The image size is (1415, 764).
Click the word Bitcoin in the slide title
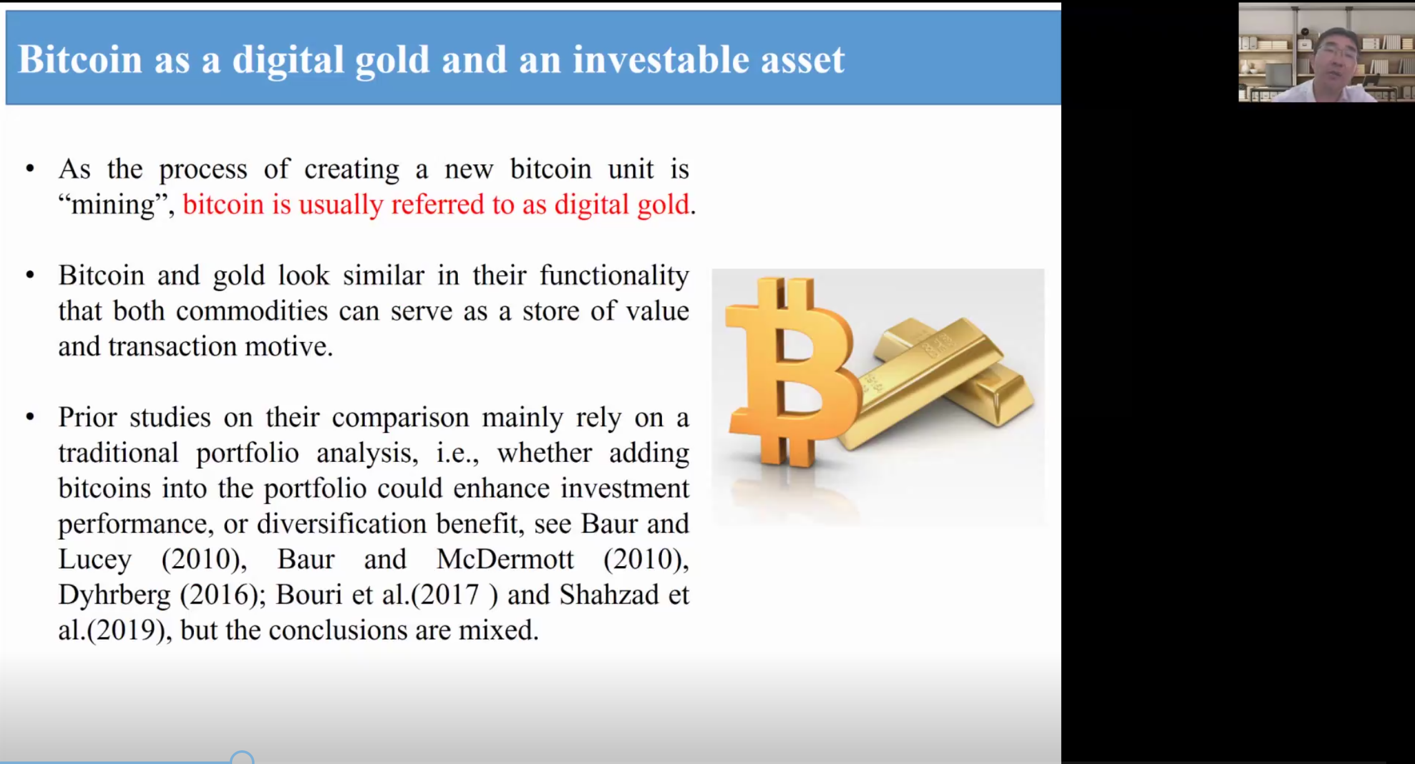point(80,59)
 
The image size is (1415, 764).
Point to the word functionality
point(614,275)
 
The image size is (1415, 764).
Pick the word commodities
point(252,311)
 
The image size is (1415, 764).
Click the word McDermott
point(505,559)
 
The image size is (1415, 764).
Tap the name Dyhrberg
point(114,595)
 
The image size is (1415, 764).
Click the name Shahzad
point(608,595)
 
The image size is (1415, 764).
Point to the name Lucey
point(95,559)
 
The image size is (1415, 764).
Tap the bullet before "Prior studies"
point(30,417)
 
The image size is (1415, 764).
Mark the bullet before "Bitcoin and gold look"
point(30,275)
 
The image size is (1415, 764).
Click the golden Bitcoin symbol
point(791,372)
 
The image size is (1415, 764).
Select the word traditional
point(119,453)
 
